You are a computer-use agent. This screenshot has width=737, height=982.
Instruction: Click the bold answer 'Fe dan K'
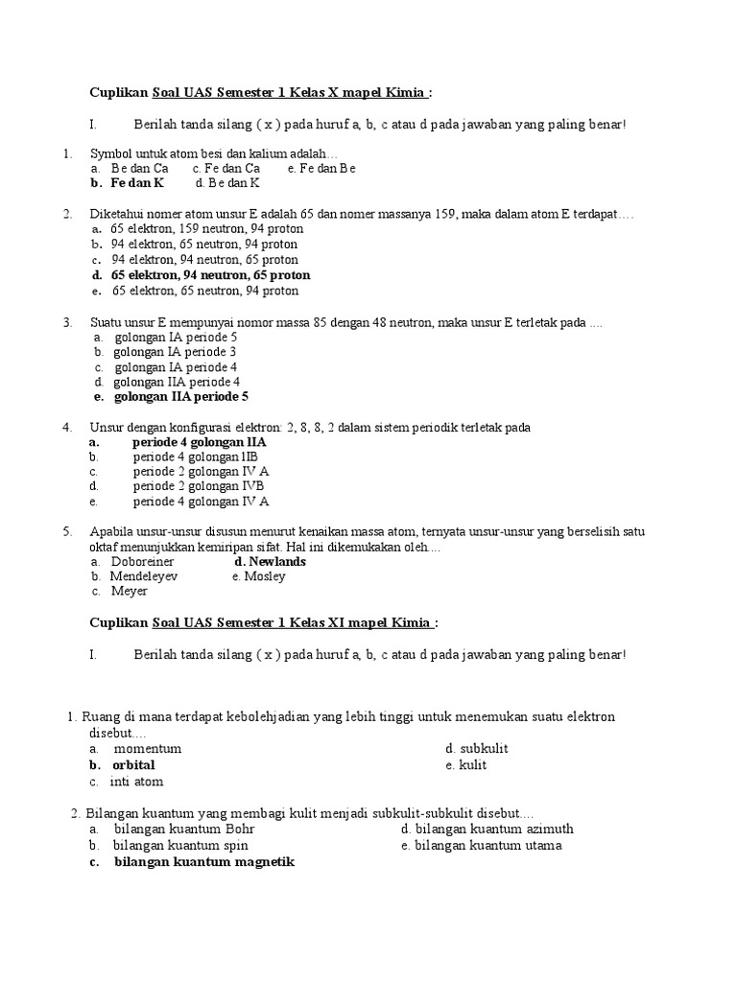pos(137,182)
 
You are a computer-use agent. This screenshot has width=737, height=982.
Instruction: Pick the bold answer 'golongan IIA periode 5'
pos(181,396)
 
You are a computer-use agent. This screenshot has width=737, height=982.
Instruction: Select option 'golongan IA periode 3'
pos(176,352)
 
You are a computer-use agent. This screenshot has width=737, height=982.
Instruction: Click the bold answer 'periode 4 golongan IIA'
pos(200,443)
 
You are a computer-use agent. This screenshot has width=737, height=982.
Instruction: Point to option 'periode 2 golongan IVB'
pos(199,486)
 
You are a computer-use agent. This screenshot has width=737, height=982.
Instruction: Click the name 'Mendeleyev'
pos(143,576)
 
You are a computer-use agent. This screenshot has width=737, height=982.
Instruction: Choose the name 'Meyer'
pos(130,592)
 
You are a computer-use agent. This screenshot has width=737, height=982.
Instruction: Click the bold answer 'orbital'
pos(133,765)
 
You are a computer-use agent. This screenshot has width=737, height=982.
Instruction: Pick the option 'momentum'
pos(148,748)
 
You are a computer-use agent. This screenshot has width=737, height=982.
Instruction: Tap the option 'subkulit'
pos(484,748)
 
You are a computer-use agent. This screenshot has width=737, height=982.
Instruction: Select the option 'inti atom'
pos(137,782)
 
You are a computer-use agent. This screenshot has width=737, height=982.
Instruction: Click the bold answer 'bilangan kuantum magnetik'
pos(204,862)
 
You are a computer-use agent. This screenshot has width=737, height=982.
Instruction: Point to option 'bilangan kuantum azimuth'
pos(493,829)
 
